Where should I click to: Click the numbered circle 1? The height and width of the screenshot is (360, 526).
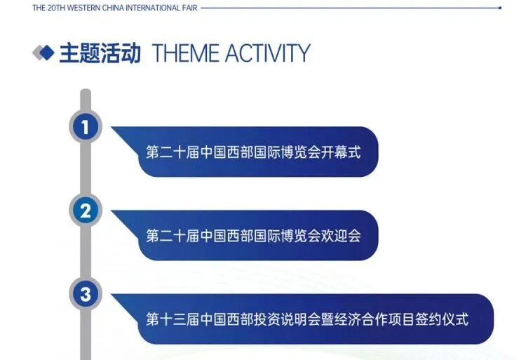pyautogui.click(x=86, y=127)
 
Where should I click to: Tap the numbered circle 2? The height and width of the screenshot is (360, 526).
pyautogui.click(x=86, y=211)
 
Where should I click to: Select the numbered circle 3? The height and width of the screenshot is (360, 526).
pyautogui.click(x=86, y=295)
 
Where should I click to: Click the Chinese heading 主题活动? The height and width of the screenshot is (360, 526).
pyautogui.click(x=100, y=53)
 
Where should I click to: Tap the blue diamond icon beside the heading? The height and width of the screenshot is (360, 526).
pyautogui.click(x=44, y=53)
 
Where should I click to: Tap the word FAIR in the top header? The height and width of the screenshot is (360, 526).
pyautogui.click(x=189, y=8)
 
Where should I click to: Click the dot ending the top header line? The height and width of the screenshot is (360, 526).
pyautogui.click(x=499, y=8)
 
